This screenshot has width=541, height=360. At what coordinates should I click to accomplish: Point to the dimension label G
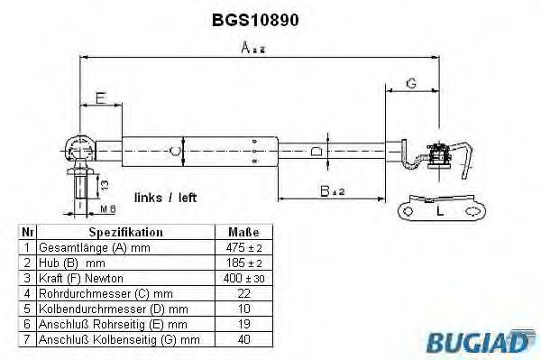click(x=410, y=83)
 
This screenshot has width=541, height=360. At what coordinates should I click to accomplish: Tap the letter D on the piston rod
click(x=315, y=151)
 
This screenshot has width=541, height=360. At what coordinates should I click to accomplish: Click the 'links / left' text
click(x=165, y=197)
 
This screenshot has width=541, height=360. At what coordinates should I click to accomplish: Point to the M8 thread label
click(x=105, y=209)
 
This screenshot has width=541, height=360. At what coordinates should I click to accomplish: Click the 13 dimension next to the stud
click(x=106, y=187)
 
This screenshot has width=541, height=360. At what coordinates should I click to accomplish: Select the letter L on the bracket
click(x=439, y=211)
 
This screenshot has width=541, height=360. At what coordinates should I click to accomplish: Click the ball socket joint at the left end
click(x=78, y=146)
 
